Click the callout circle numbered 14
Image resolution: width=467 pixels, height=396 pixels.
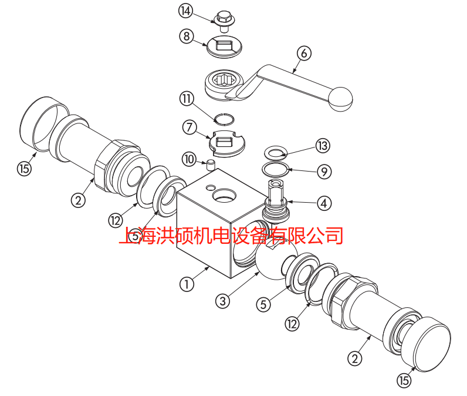(x=185, y=11)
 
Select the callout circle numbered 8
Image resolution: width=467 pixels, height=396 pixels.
(x=187, y=36)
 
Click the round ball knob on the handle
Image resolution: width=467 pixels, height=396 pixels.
(x=340, y=99)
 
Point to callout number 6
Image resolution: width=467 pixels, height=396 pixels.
(x=304, y=53)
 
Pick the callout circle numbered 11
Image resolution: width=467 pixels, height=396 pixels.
(x=187, y=98)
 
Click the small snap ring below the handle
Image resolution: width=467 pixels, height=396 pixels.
(x=224, y=119)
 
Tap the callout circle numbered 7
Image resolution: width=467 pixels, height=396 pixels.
(x=189, y=127)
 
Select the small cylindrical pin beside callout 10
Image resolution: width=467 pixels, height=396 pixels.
(x=211, y=165)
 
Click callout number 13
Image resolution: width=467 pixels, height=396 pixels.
(x=323, y=146)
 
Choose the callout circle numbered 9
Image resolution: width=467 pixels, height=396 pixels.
(x=324, y=172)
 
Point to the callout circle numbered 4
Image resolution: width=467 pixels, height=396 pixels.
(x=324, y=203)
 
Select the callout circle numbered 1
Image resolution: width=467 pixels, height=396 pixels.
(x=187, y=284)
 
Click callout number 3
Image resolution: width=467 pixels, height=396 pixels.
(x=223, y=301)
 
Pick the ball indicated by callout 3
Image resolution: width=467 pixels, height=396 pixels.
(x=277, y=259)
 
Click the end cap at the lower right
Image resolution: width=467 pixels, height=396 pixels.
(x=425, y=344)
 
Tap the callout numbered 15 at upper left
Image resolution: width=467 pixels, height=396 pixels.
(x=25, y=169)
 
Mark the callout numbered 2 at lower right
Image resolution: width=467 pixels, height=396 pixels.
(x=355, y=358)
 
